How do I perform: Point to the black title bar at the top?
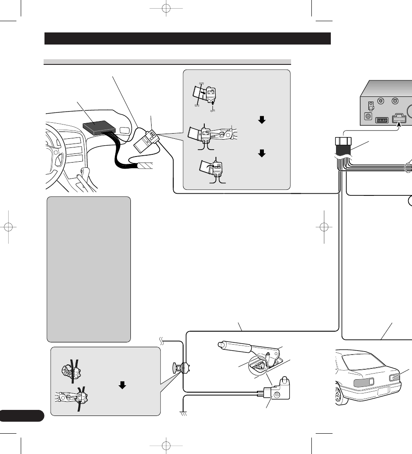point(187,38)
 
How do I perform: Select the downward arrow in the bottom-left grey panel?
point(122,385)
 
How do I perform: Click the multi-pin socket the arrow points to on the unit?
point(399,119)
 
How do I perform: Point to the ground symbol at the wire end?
point(183,413)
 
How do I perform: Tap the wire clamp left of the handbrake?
point(182,368)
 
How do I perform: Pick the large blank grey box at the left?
point(88,268)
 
